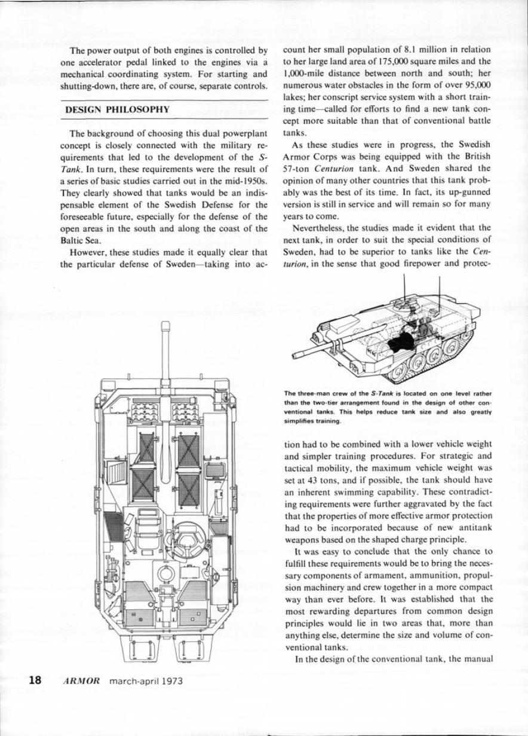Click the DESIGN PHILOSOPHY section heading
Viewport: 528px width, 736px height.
(118, 110)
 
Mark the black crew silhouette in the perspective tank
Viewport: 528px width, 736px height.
(401, 341)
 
